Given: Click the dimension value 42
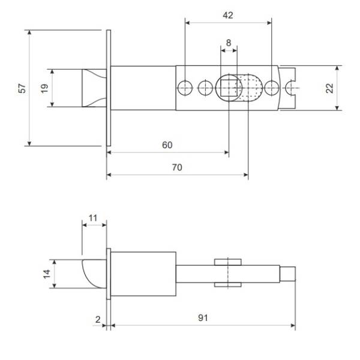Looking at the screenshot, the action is click(228, 16).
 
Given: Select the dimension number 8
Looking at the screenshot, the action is click(229, 43).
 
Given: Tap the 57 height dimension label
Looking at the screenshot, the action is click(22, 88).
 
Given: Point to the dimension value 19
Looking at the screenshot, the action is click(44, 88).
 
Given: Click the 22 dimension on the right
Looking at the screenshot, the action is click(329, 88).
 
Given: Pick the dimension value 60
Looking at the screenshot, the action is click(167, 145).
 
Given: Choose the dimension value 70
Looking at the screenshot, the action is click(177, 167).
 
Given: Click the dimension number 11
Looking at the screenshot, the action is click(93, 218).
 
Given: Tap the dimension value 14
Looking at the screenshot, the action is click(47, 274).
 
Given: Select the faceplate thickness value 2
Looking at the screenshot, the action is click(98, 319).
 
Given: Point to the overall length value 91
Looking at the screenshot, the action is click(203, 318).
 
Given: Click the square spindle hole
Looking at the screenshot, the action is click(229, 88).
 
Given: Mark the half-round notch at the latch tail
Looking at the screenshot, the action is click(290, 88).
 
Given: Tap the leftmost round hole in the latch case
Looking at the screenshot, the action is click(185, 88).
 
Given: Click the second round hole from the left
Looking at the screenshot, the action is click(205, 88).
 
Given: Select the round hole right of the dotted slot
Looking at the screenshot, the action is click(272, 88).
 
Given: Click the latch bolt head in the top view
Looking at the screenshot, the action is click(94, 88).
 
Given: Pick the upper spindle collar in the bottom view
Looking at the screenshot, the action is click(228, 262).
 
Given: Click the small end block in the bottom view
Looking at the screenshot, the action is click(287, 274).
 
